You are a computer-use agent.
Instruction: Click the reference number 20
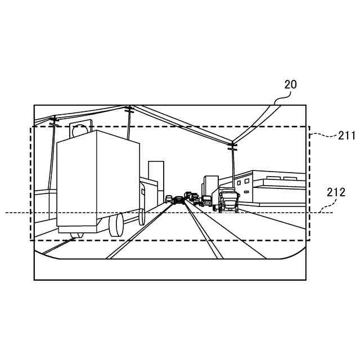tap(290, 85)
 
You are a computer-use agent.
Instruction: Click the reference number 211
tap(346, 135)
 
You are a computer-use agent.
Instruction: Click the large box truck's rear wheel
tap(116, 225)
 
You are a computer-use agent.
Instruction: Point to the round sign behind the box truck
tap(80, 131)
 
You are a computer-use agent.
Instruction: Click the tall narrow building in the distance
tap(156, 180)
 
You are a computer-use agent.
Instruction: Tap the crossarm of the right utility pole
tap(232, 146)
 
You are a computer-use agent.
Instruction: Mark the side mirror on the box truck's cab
tap(143, 191)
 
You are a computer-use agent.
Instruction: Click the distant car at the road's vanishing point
tap(179, 199)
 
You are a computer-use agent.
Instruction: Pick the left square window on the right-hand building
tap(238, 182)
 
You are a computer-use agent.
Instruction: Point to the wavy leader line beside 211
tap(323, 136)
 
